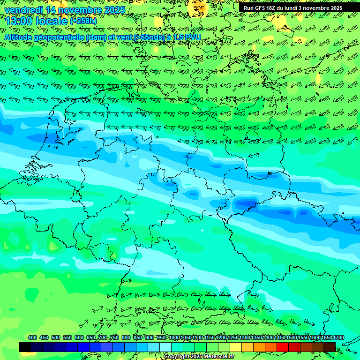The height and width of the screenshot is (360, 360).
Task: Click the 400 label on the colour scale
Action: click(x=32, y=337)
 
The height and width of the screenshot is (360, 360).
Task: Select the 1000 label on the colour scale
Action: click(x=174, y=337)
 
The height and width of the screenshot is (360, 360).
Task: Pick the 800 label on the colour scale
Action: click(x=126, y=337)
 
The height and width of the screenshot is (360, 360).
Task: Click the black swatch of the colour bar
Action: click(x=25, y=347)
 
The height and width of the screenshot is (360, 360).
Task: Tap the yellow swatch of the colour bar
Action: click(x=236, y=347)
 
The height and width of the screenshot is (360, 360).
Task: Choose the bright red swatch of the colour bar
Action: click(x=283, y=347)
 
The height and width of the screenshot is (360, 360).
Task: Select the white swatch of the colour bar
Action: click(x=165, y=347)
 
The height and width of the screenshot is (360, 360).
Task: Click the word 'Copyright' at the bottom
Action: click(x=177, y=356)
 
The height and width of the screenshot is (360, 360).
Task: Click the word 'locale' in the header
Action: click(x=52, y=21)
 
